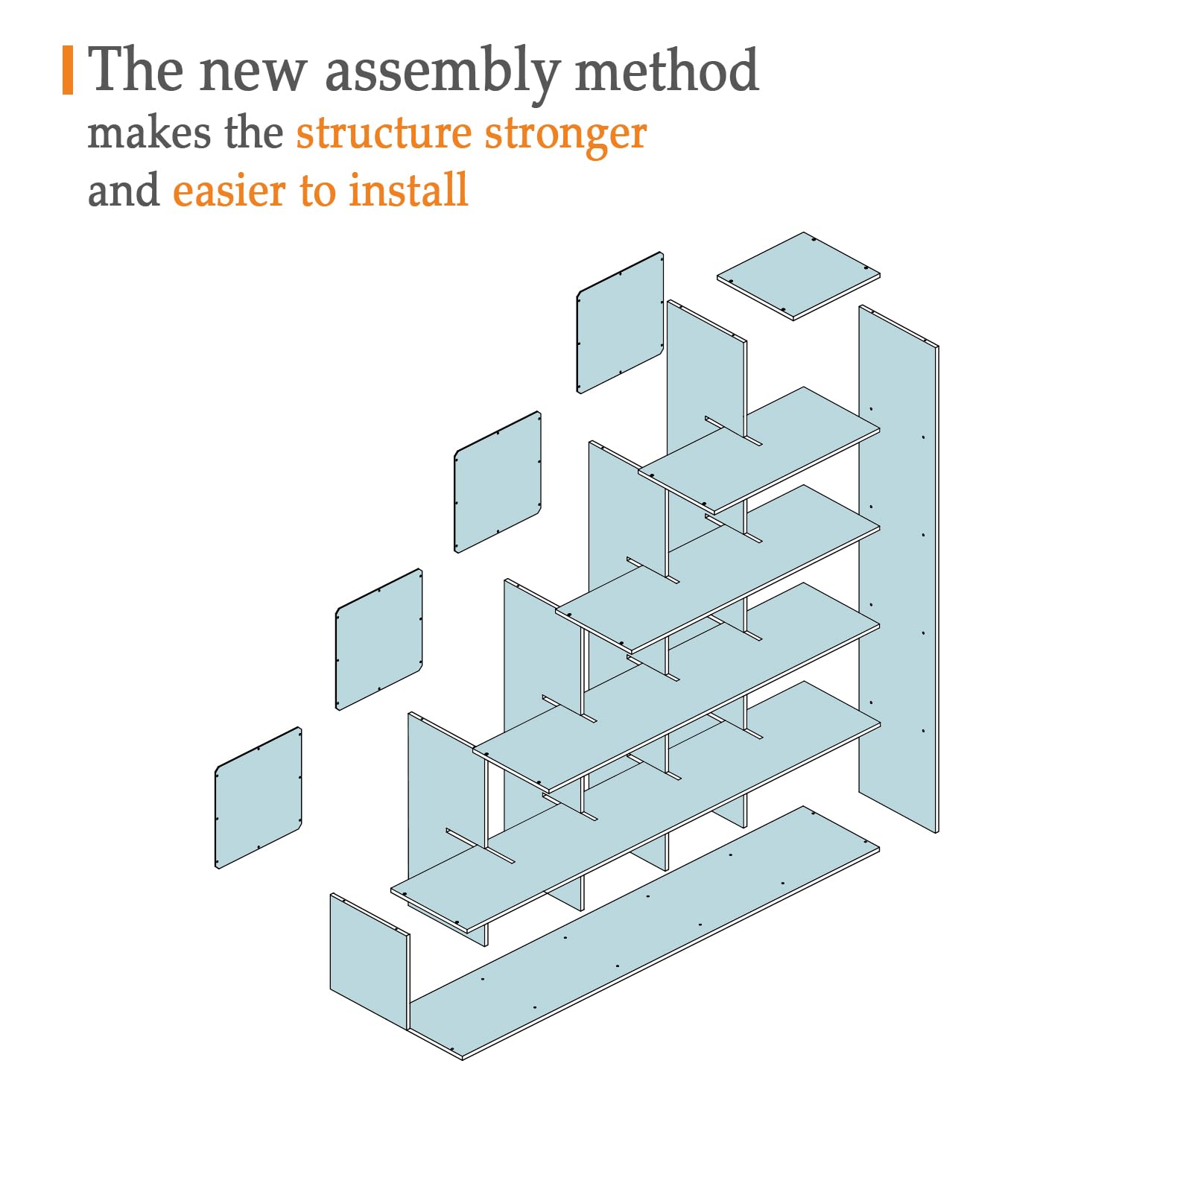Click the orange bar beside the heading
tap(68, 70)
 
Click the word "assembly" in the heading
tap(443, 73)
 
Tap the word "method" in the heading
tap(667, 69)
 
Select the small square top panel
tap(799, 276)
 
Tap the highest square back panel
tap(620, 322)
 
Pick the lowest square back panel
tap(259, 797)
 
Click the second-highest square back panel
tap(498, 481)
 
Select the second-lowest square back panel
tap(379, 639)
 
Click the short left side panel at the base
tap(370, 963)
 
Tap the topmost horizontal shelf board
tap(759, 450)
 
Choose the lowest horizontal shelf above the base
tap(635, 807)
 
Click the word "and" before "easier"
tap(124, 190)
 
